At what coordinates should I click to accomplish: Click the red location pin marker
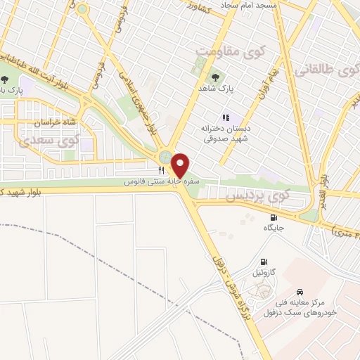tap(181, 165)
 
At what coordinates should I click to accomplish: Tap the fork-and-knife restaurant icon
tap(161, 171)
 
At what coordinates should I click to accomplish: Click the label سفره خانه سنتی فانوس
tap(162, 181)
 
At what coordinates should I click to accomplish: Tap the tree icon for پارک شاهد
tap(214, 77)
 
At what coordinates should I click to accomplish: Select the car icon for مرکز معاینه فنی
tap(300, 291)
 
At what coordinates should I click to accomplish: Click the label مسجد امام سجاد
tap(250, 5)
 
